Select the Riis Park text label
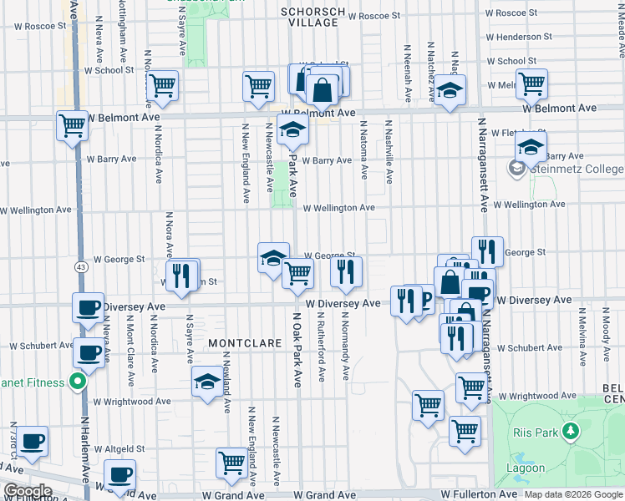click(534, 432)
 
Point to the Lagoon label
click(526, 468)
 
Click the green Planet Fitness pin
click(78, 383)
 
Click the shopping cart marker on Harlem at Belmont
click(73, 126)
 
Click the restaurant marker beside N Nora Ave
click(181, 275)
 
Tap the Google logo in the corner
click(27, 491)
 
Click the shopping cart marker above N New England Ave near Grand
click(232, 462)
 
